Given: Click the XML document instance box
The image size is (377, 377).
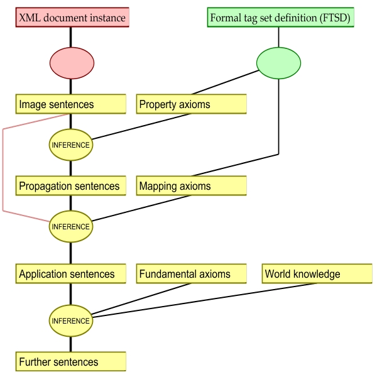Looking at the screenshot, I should (72, 18).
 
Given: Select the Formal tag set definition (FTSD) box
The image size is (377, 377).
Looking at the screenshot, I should (280, 18).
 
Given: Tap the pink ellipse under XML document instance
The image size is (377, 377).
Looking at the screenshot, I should (72, 63).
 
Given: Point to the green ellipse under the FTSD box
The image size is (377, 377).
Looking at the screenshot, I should (278, 63).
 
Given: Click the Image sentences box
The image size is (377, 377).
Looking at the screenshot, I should (71, 104).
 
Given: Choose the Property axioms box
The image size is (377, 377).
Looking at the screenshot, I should (191, 104).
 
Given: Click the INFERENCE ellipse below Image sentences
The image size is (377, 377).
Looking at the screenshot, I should (71, 145).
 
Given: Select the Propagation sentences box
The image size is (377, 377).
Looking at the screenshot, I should (71, 186).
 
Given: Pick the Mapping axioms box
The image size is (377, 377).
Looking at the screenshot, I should (191, 186).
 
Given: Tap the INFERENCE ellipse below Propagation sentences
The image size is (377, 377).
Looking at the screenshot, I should (71, 226).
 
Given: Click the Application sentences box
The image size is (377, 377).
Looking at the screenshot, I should (71, 274).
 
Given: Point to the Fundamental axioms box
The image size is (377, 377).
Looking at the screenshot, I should (191, 274).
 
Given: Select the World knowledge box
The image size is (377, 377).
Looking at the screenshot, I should (317, 274).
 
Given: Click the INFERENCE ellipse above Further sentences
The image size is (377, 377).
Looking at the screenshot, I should (71, 320).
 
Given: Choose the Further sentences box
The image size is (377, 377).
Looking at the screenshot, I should (71, 362).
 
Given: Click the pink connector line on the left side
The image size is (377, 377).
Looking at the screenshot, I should (3, 170).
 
